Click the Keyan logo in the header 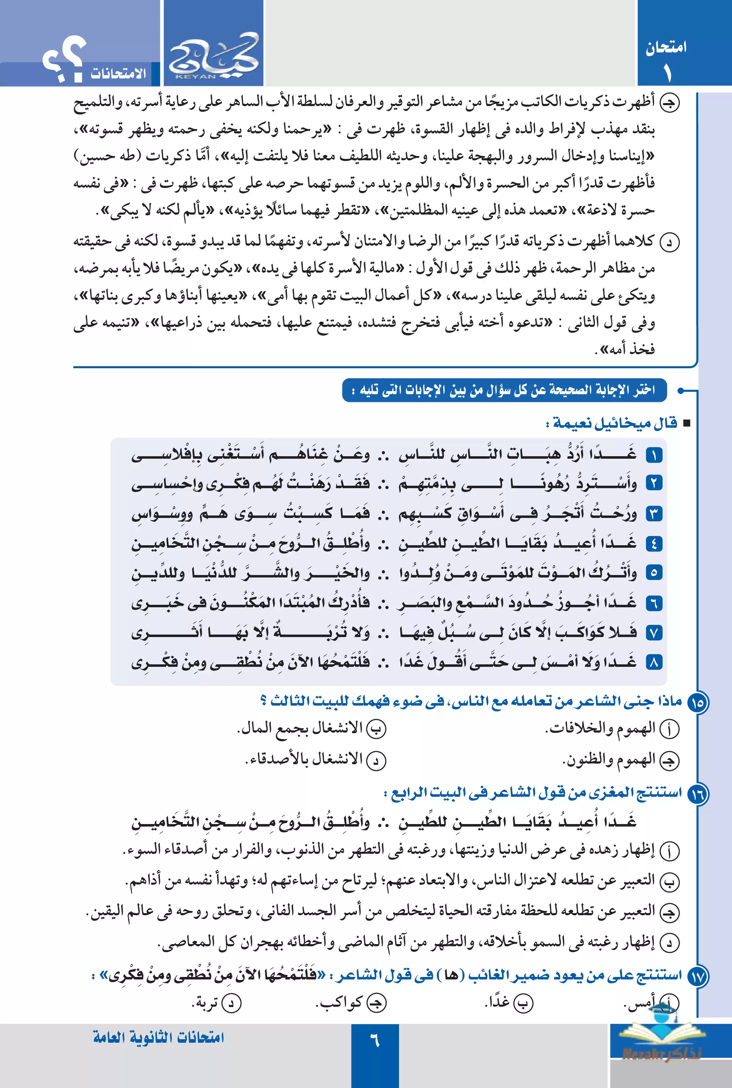tap(213, 57)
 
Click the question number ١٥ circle tap(698, 702)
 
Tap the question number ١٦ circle tap(698, 794)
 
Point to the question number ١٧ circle tap(698, 976)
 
